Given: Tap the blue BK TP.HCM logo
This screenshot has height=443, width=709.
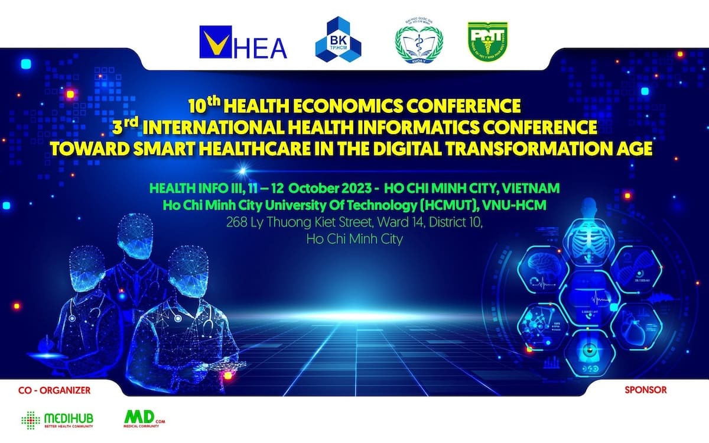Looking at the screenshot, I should pyautogui.click(x=339, y=42).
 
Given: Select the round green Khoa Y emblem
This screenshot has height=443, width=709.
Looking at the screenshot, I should pyautogui.click(x=418, y=42).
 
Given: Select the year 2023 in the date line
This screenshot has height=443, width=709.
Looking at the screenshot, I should pyautogui.click(x=353, y=189).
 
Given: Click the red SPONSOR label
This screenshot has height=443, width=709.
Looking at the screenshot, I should pyautogui.click(x=645, y=390).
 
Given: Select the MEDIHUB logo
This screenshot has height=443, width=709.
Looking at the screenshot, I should pyautogui.click(x=57, y=421).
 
